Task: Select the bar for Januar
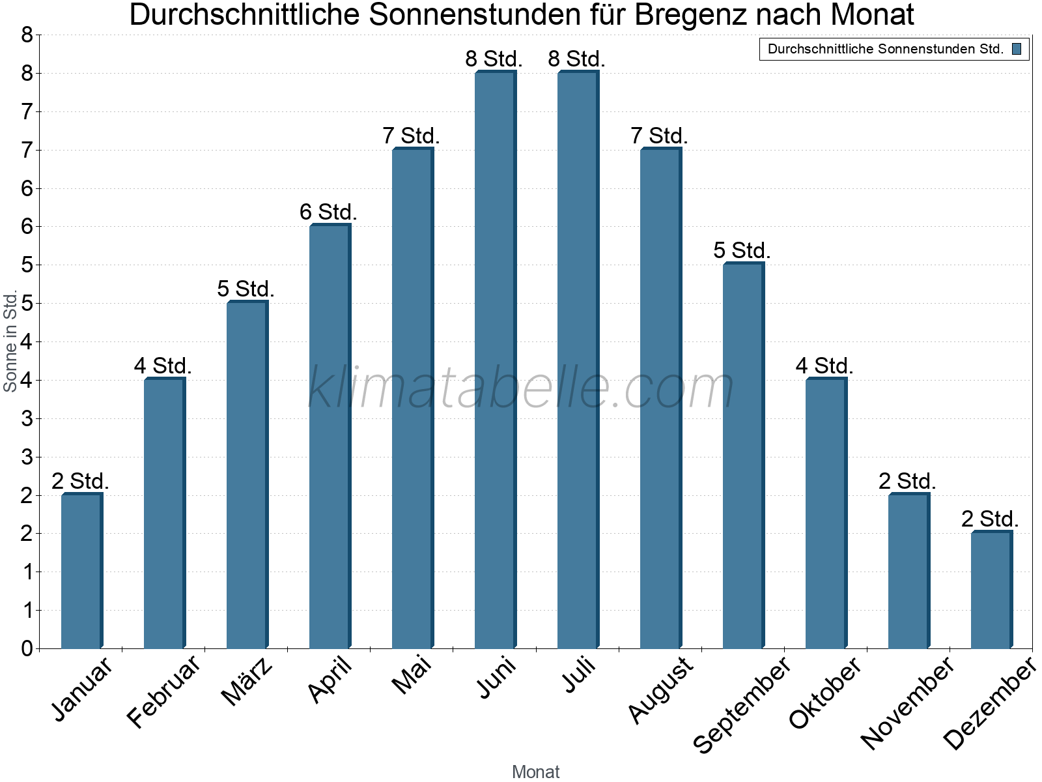click(81, 572)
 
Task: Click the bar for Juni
click(495, 360)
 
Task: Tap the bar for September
click(743, 456)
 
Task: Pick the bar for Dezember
click(991, 590)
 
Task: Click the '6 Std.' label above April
click(328, 212)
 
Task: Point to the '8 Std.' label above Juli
click(576, 59)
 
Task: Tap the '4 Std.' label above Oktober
click(824, 366)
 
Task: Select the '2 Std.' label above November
click(907, 482)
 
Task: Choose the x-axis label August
click(661, 689)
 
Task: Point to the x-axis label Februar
click(163, 692)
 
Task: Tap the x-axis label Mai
click(412, 675)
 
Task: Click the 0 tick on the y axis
click(27, 648)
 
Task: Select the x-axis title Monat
click(535, 772)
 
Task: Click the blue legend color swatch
click(1017, 49)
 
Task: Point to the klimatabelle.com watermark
click(521, 388)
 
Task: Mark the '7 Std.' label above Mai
click(411, 136)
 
